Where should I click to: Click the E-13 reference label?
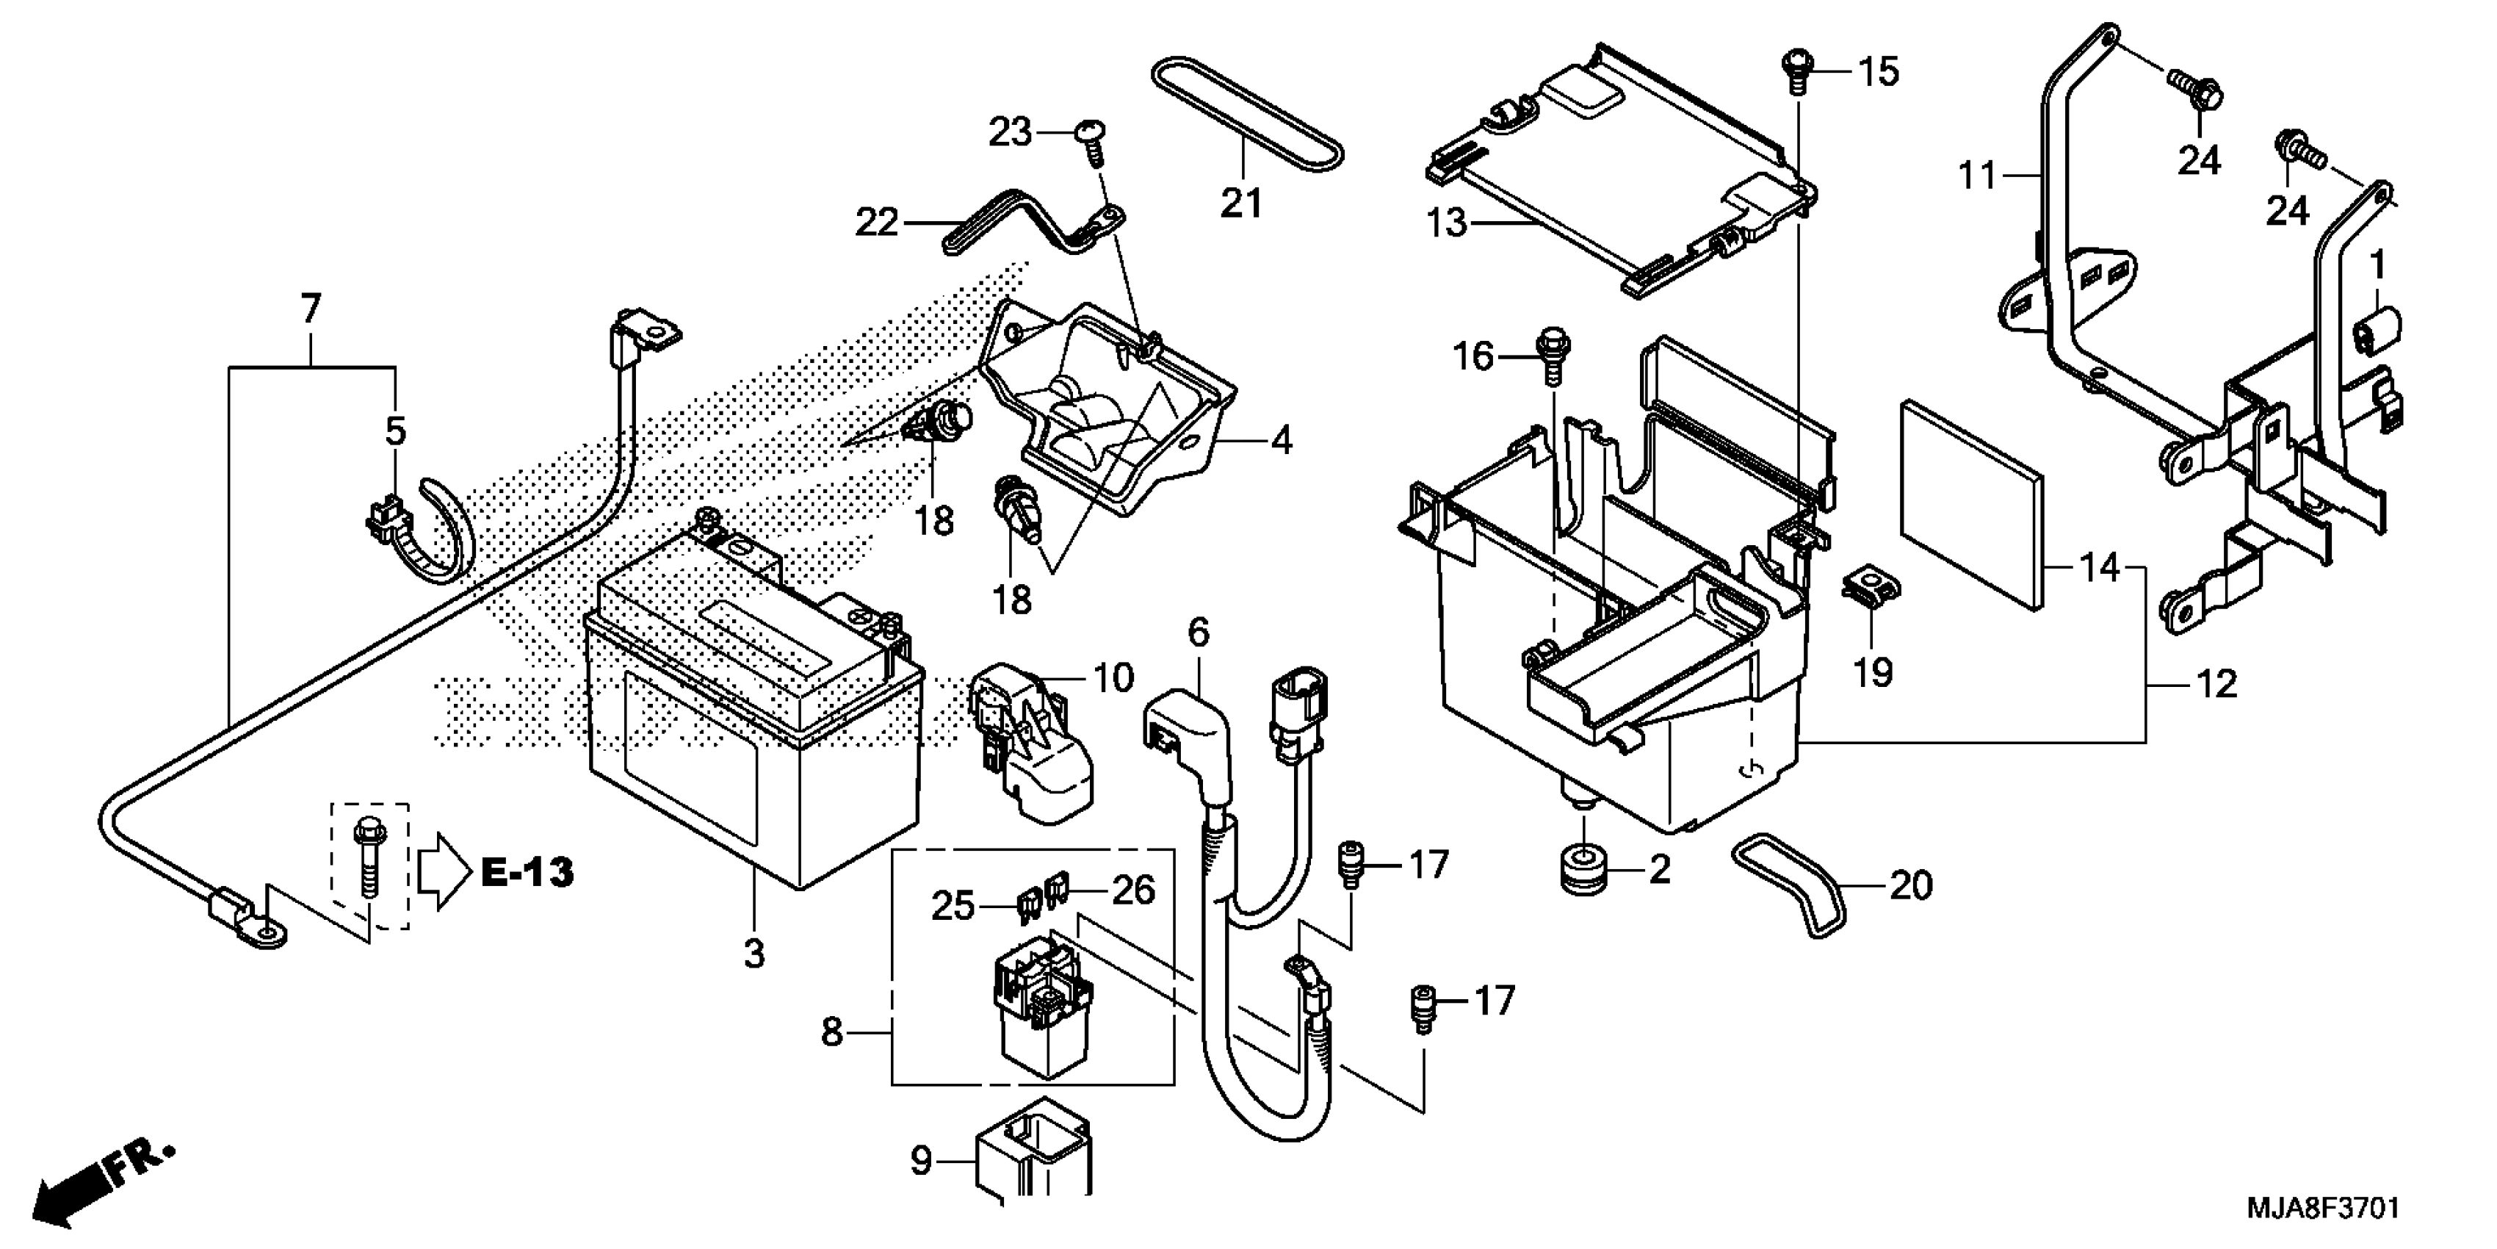pos(528,873)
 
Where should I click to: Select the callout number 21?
pos(1242,204)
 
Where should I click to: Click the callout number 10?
pos(1113,678)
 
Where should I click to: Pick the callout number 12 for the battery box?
pos(2216,685)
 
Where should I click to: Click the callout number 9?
pos(921,1161)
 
